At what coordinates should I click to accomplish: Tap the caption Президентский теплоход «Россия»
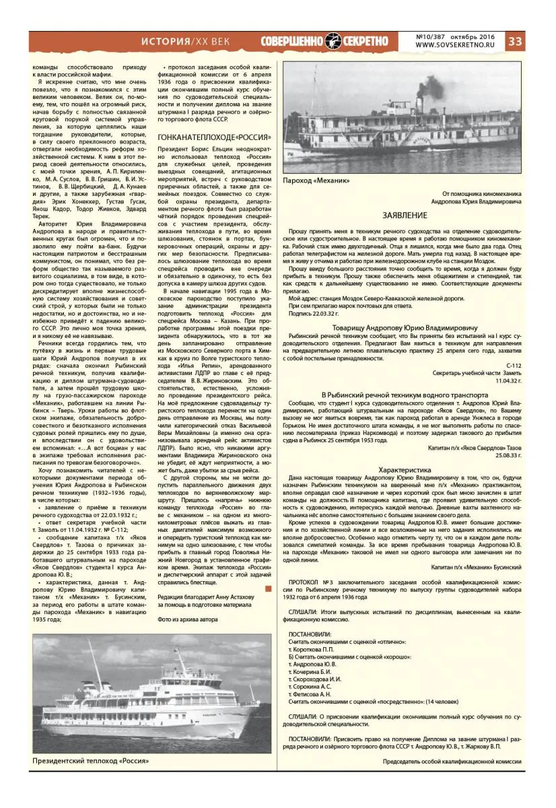(90, 761)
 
